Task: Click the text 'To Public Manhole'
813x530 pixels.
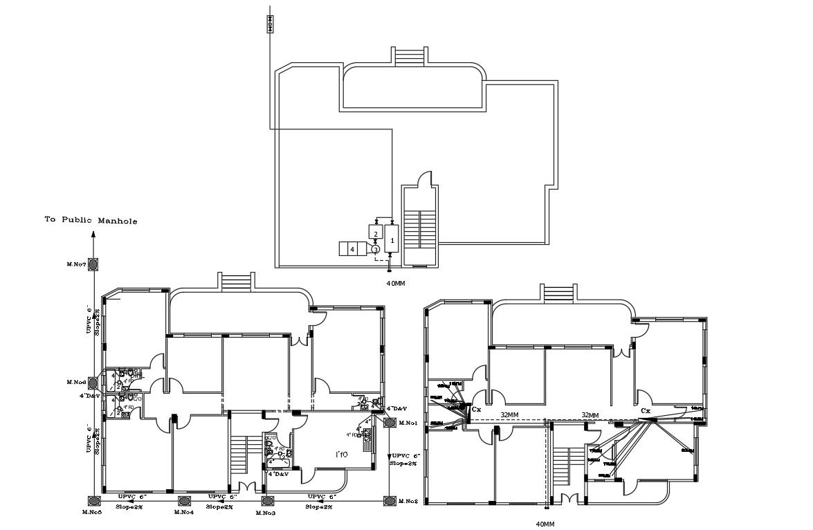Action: pos(91,221)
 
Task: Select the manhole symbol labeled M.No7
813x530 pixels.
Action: pos(93,264)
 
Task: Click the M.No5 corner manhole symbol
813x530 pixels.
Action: pos(93,500)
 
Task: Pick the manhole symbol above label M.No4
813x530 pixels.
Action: pos(184,500)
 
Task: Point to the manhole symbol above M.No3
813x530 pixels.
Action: pos(266,500)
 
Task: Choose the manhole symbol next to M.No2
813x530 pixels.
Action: pos(390,500)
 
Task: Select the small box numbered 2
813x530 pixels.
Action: pos(376,231)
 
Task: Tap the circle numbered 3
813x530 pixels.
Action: pos(375,249)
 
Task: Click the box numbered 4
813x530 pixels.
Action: pos(352,249)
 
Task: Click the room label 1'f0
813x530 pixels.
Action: pos(341,455)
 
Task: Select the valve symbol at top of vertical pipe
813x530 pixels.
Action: pos(270,24)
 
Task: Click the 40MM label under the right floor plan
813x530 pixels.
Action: pos(546,524)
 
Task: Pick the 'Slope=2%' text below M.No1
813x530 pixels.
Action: pos(404,463)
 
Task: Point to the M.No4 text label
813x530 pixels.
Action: pos(183,512)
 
